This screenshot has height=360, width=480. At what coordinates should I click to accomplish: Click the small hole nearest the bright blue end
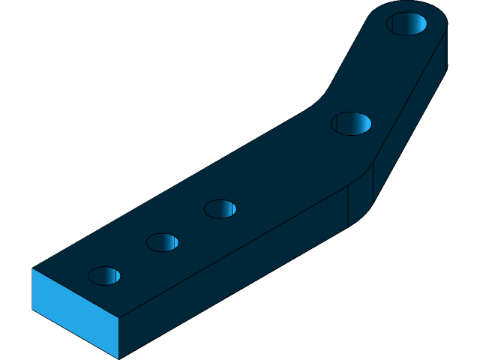point(104,276)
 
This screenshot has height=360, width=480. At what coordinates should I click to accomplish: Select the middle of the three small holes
point(162,242)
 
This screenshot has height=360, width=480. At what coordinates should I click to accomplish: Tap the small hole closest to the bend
point(220,208)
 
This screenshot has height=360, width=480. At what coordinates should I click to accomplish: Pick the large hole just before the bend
point(351,124)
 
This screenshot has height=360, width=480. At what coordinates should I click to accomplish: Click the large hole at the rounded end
point(406,23)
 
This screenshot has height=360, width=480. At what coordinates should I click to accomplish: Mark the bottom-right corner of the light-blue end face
point(118,358)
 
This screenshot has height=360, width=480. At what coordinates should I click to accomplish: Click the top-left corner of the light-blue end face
point(32,268)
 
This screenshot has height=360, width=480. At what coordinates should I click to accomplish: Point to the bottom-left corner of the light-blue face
point(32,309)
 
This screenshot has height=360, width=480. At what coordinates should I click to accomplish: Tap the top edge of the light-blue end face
point(75,292)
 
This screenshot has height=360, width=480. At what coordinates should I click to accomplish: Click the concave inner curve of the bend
point(324,97)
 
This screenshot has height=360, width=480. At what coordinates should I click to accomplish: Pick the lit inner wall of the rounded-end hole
point(416,24)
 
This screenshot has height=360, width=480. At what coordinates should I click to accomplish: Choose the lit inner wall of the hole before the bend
point(361,124)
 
